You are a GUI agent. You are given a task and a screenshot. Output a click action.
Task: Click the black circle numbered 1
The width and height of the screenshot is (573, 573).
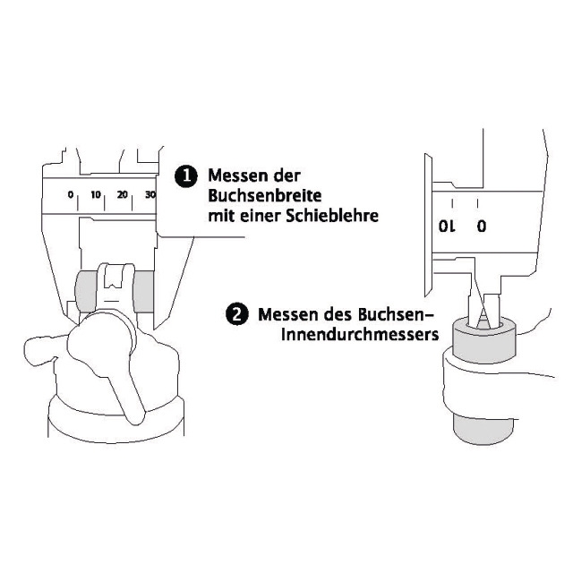(x=186, y=176)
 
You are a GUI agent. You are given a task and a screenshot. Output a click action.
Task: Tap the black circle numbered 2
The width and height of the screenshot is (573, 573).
(x=237, y=314)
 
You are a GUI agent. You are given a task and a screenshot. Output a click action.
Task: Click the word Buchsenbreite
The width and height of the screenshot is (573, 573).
(x=265, y=196)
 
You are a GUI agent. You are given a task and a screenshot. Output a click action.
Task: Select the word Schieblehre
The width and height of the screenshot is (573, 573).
(x=332, y=216)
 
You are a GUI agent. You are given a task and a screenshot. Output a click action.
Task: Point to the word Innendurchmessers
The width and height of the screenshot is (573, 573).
(x=360, y=334)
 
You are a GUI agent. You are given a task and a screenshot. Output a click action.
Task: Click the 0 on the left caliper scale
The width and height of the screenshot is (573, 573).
(x=71, y=195)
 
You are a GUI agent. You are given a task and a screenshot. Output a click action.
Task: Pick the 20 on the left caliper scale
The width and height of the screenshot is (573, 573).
(x=123, y=195)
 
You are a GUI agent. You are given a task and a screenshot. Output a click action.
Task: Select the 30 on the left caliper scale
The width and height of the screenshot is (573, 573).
(x=150, y=195)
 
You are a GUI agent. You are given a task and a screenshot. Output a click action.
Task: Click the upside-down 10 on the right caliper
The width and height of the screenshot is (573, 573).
(x=448, y=227)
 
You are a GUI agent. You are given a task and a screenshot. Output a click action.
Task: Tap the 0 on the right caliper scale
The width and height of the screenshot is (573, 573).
(x=482, y=227)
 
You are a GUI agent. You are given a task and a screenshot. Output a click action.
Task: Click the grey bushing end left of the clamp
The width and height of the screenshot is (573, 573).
(x=87, y=292)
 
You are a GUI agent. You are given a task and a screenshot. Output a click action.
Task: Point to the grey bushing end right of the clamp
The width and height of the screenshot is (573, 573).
(x=143, y=292)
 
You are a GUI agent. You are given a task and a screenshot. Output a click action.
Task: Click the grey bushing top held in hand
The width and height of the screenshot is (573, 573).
(x=483, y=341)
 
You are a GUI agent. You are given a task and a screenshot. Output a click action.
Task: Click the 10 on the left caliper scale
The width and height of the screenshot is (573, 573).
(x=96, y=195)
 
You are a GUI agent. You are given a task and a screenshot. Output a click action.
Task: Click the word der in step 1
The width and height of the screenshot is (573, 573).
(x=286, y=175)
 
